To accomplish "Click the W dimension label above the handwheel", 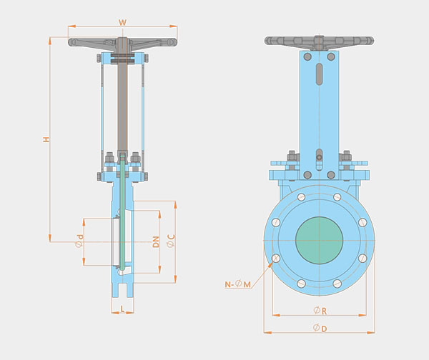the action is pyautogui.click(x=122, y=22).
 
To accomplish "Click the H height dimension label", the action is pyautogui.click(x=46, y=139).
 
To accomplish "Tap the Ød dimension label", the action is pyautogui.click(x=79, y=241).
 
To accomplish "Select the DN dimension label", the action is pyautogui.click(x=156, y=241).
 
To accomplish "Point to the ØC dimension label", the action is pyautogui.click(x=171, y=241).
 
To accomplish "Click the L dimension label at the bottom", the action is pyautogui.click(x=122, y=309).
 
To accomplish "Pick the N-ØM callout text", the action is pyautogui.click(x=238, y=284).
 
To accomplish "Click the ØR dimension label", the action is pyautogui.click(x=320, y=311).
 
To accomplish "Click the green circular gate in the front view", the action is pyautogui.click(x=320, y=241).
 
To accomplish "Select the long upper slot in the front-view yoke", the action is pyautogui.click(x=319, y=74).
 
